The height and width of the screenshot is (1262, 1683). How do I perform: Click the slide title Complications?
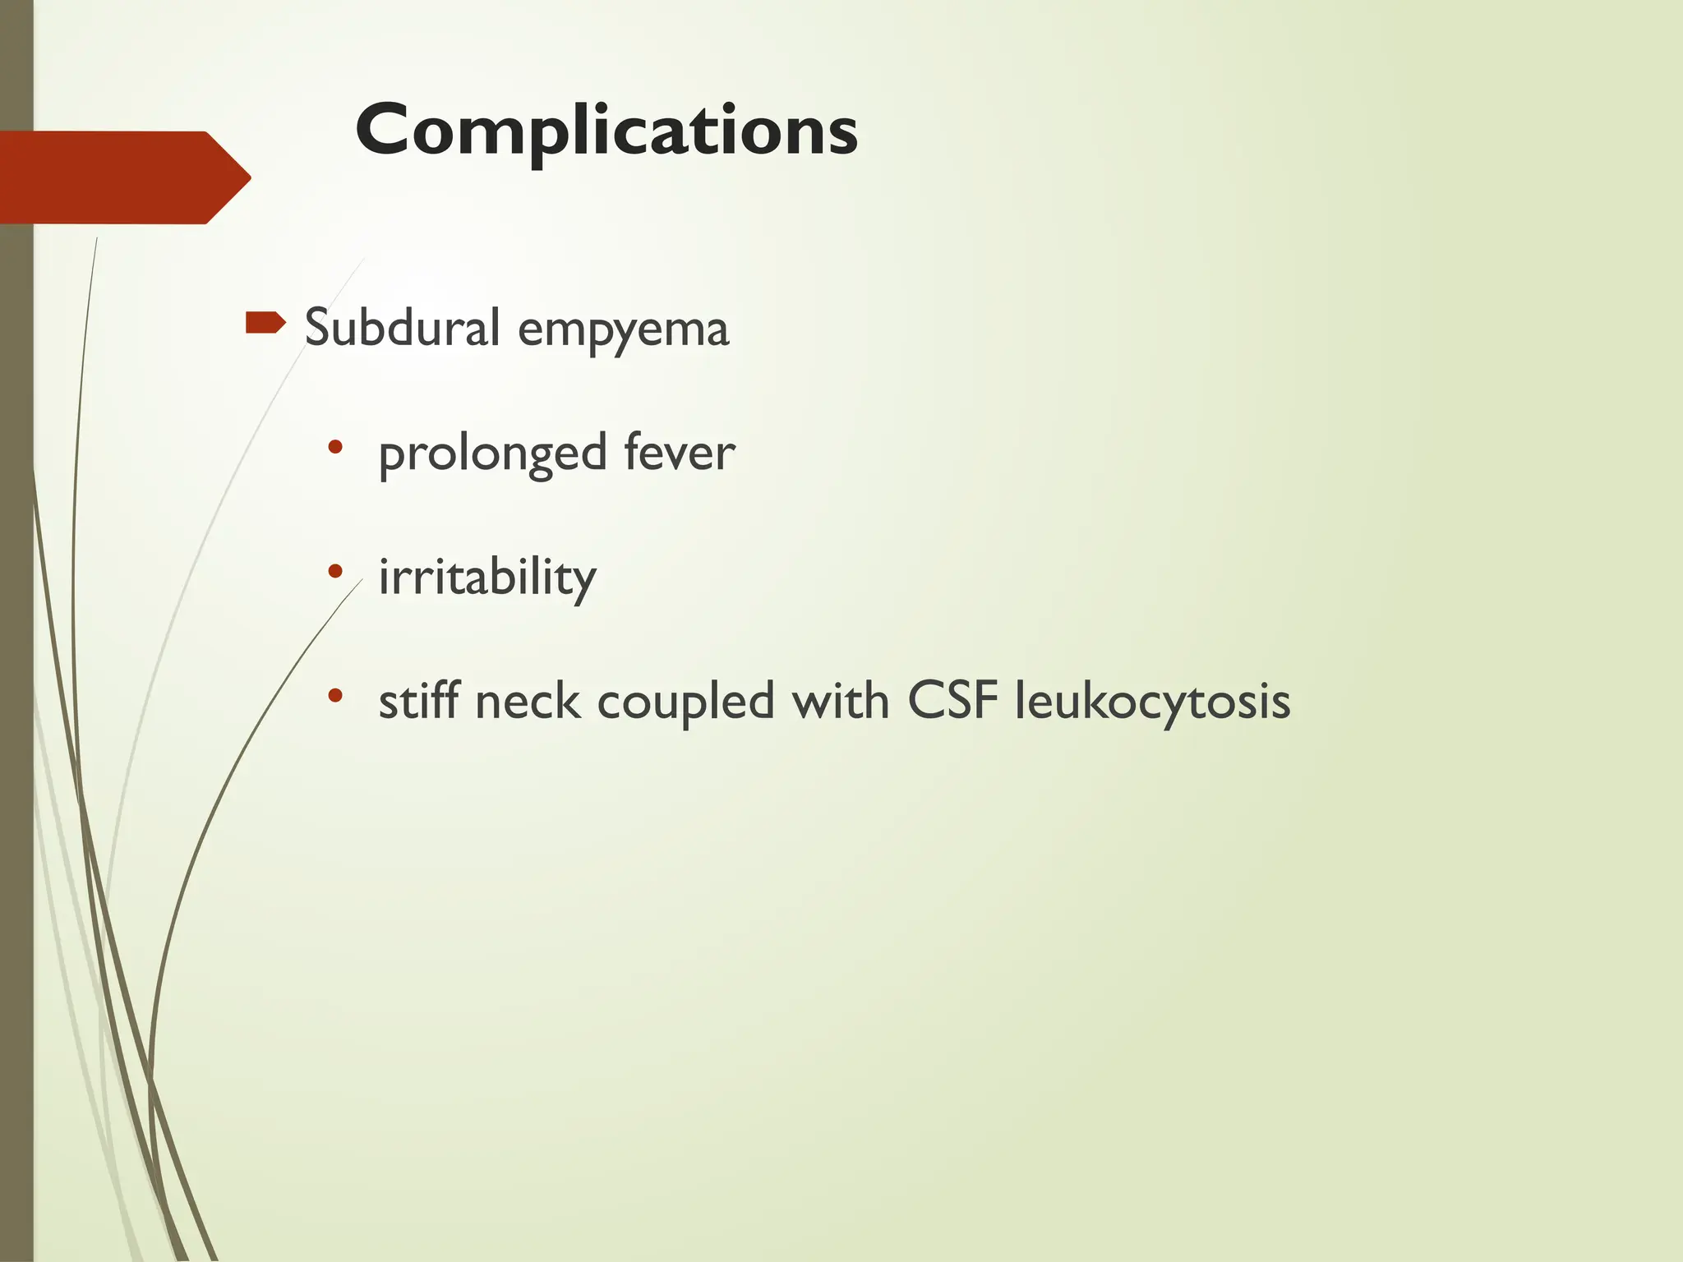click(x=606, y=130)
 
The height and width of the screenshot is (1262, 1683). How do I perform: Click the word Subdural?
click(x=403, y=327)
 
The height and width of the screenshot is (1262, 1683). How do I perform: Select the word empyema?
click(x=623, y=330)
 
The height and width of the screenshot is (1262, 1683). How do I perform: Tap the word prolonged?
click(x=492, y=454)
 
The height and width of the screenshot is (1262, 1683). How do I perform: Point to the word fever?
click(x=679, y=453)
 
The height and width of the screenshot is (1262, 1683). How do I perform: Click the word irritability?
click(x=486, y=577)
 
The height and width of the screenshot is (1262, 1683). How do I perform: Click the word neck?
click(x=527, y=702)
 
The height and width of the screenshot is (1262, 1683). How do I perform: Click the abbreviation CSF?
click(x=952, y=701)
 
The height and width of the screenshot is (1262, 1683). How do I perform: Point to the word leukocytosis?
click(x=1152, y=702)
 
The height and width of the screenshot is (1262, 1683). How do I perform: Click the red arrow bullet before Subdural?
click(x=265, y=323)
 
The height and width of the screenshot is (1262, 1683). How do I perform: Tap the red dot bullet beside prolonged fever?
click(x=334, y=447)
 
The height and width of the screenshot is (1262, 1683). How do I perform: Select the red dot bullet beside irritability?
click(x=334, y=570)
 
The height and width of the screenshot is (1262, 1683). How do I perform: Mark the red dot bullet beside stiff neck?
click(x=334, y=695)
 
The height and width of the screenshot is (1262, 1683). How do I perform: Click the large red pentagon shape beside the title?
click(x=115, y=177)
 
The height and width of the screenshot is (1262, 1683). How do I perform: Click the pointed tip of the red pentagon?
click(x=246, y=177)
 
